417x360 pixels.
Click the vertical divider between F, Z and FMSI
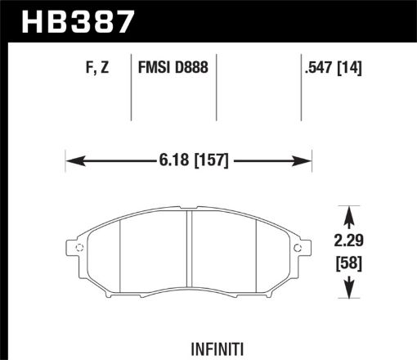[132, 90]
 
